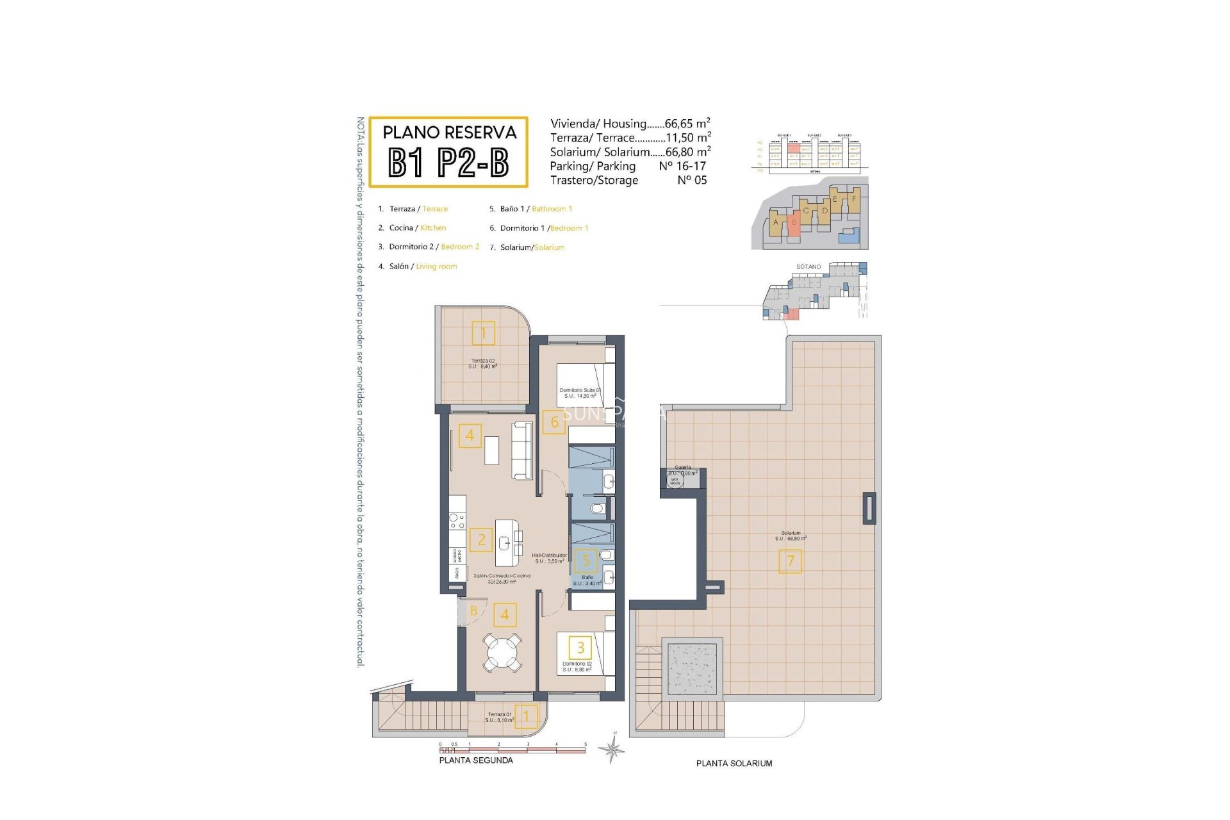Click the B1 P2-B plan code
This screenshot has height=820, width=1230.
pyautogui.click(x=448, y=163)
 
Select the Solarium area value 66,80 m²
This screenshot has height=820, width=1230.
pyautogui.click(x=688, y=152)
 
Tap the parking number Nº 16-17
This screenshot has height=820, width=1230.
pyautogui.click(x=682, y=166)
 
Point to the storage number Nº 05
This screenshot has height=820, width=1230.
pyautogui.click(x=692, y=180)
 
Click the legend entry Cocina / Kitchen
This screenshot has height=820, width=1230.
pyautogui.click(x=417, y=227)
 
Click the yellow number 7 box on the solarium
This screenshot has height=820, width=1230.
pyautogui.click(x=790, y=561)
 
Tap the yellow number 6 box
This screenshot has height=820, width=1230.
pyautogui.click(x=554, y=422)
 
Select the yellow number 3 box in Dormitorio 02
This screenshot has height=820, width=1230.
pyautogui.click(x=580, y=647)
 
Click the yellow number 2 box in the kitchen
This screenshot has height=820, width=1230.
pyautogui.click(x=481, y=539)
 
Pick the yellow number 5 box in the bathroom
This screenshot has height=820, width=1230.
pyautogui.click(x=586, y=561)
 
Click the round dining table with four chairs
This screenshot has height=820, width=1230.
pyautogui.click(x=502, y=652)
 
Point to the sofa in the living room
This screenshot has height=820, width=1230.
pyautogui.click(x=522, y=450)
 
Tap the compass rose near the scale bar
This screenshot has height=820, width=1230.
pyautogui.click(x=613, y=748)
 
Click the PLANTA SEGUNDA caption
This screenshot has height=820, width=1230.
pyautogui.click(x=476, y=760)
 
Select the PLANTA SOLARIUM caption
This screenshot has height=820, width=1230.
pyautogui.click(x=734, y=763)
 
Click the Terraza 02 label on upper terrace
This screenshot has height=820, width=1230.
pyautogui.click(x=482, y=361)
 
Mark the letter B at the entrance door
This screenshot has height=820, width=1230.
pyautogui.click(x=473, y=611)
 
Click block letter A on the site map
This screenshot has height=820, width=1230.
pyautogui.click(x=776, y=222)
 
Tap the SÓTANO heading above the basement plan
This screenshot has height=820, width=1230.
pyautogui.click(x=808, y=266)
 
